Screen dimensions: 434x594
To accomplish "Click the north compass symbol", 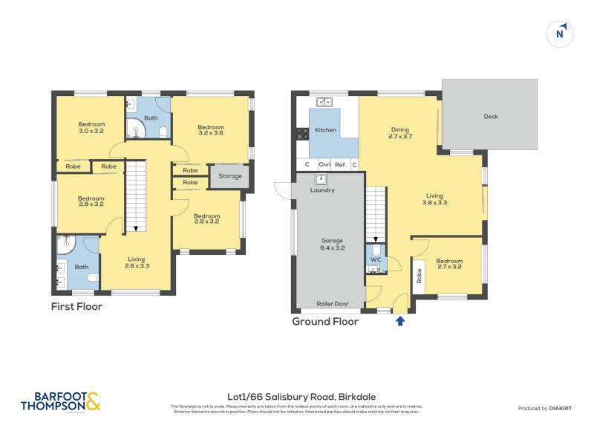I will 561,33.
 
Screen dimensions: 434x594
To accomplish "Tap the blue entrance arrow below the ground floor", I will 400,321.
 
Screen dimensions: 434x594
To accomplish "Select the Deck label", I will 491,117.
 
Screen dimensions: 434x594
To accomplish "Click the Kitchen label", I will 325,130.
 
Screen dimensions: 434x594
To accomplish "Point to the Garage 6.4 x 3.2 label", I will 332,244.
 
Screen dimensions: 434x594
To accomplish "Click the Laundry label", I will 322,190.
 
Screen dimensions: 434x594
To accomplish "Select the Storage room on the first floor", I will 230,176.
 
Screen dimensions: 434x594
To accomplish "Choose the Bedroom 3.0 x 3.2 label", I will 91,127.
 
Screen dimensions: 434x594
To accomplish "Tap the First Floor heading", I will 76,306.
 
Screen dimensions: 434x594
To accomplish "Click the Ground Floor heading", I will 325,322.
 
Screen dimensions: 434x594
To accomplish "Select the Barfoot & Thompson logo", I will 60,401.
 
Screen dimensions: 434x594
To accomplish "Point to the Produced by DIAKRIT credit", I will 543,409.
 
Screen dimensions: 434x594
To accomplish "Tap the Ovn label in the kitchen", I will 324,165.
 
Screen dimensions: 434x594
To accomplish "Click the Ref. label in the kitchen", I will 341,165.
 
